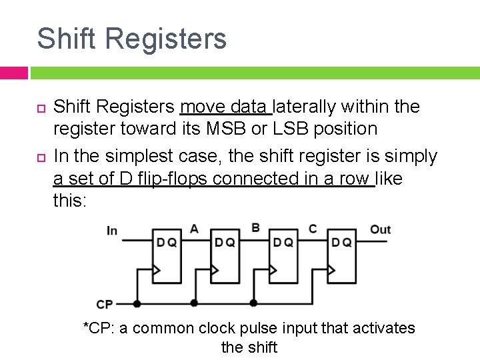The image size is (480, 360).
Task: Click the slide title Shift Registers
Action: click(x=131, y=39)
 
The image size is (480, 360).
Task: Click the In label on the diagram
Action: click(x=112, y=231)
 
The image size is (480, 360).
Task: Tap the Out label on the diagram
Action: click(x=380, y=229)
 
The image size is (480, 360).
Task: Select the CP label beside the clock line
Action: click(x=105, y=304)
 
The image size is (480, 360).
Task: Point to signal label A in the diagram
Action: click(x=194, y=229)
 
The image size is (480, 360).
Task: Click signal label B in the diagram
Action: click(x=255, y=228)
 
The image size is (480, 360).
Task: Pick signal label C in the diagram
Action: click(x=312, y=229)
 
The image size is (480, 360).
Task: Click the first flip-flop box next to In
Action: click(x=166, y=256)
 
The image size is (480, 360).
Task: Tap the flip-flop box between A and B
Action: click(x=224, y=256)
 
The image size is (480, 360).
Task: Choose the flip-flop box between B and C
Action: click(x=283, y=256)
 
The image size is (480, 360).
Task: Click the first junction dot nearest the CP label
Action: click(x=137, y=303)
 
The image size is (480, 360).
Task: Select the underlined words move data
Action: click(x=225, y=107)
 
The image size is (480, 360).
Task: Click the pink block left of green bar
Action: click(x=13, y=73)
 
